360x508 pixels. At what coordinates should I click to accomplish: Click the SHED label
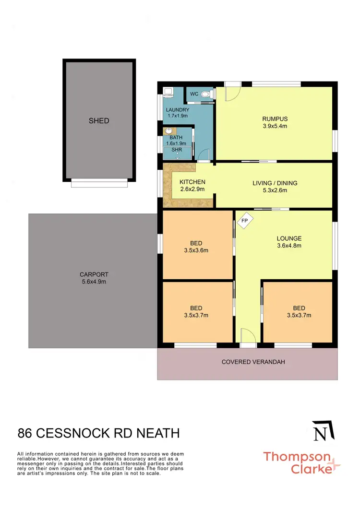[99, 121]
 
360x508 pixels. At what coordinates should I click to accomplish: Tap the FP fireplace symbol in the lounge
[244, 221]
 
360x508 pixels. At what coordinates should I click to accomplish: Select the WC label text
[194, 94]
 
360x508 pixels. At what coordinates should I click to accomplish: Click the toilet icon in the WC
[207, 95]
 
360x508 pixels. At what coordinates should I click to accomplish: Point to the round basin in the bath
[168, 130]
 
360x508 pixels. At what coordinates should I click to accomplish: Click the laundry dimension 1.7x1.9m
[177, 116]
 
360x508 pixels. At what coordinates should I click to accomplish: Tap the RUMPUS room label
[275, 119]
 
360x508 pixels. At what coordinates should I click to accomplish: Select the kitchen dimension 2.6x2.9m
[192, 189]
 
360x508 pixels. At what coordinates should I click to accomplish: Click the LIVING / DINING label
[275, 183]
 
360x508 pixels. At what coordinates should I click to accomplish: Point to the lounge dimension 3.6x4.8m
[289, 246]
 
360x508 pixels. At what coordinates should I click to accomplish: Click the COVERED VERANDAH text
[253, 362]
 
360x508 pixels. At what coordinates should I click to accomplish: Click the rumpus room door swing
[231, 92]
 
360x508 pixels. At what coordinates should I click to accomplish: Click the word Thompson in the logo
[296, 457]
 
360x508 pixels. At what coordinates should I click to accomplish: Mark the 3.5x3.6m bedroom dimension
[196, 250]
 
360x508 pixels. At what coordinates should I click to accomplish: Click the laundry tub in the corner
[168, 91]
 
